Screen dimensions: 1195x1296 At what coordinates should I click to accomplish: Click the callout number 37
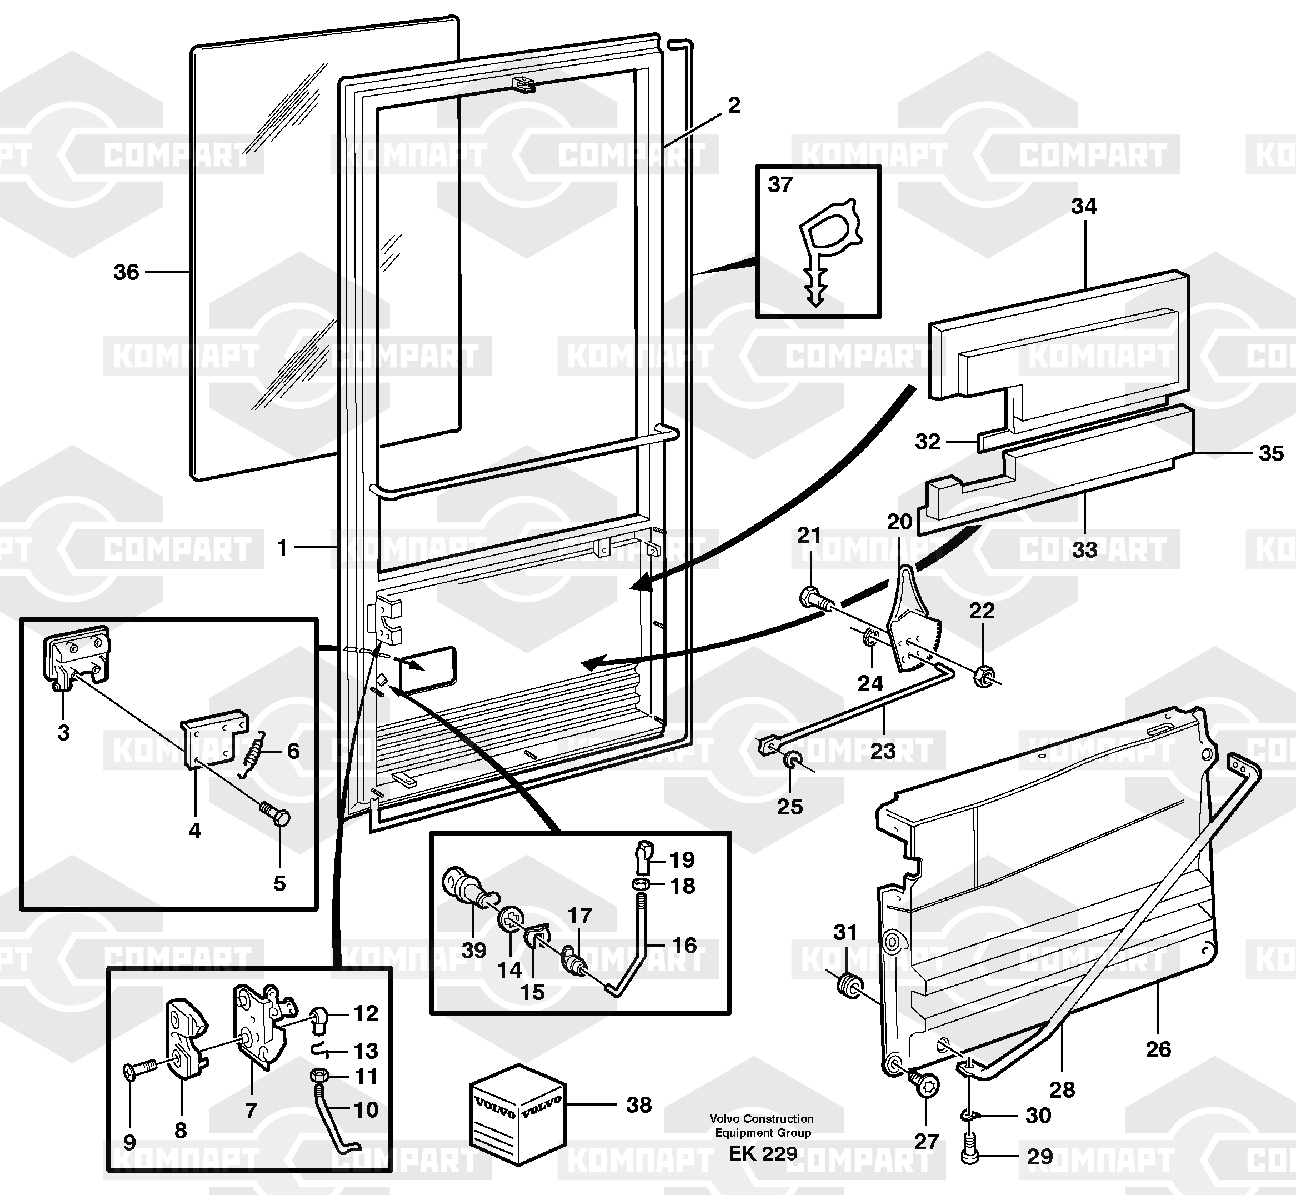(780, 185)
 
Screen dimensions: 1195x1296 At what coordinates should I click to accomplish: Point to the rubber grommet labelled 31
(848, 986)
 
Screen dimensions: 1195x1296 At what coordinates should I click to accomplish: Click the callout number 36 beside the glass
(126, 272)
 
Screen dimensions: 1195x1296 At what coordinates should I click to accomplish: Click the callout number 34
(1084, 206)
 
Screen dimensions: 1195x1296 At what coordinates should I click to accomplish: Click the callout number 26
(1158, 1049)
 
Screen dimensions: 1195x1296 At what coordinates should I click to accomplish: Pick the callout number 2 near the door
(733, 106)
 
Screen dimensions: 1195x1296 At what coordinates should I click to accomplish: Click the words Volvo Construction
(761, 1119)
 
